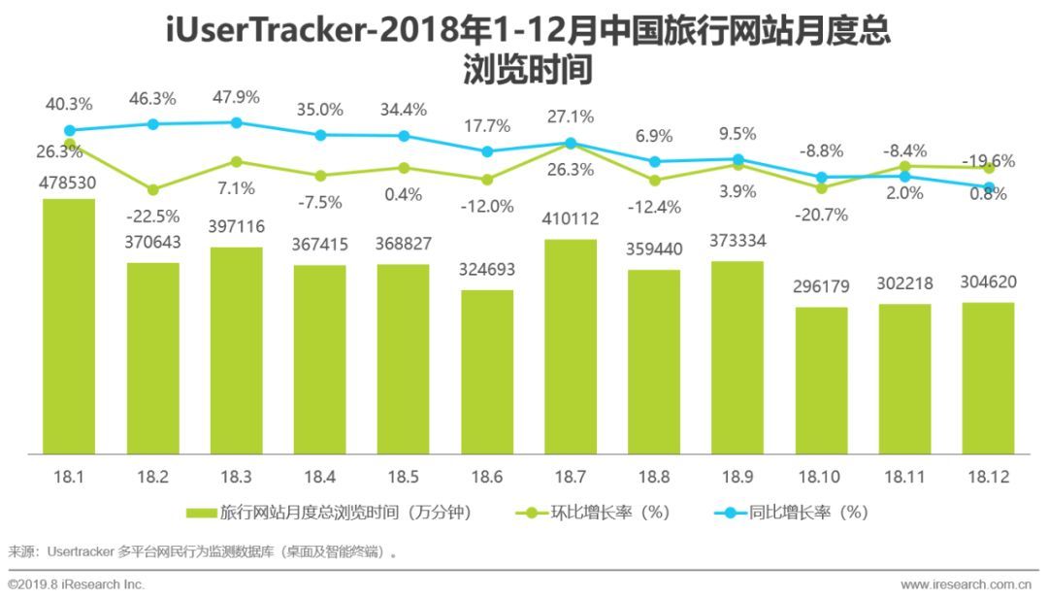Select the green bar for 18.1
[69, 326]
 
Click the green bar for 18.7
[571, 346]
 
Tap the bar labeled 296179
[821, 381]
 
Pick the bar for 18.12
[988, 378]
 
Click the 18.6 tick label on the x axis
[487, 478]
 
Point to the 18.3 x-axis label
[236, 478]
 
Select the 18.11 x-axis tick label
[904, 478]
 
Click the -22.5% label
[153, 216]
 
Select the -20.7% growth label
[822, 215]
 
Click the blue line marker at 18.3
[237, 122]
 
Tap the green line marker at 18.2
[153, 189]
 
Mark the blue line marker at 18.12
[989, 187]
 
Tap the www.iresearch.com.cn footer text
[965, 584]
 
